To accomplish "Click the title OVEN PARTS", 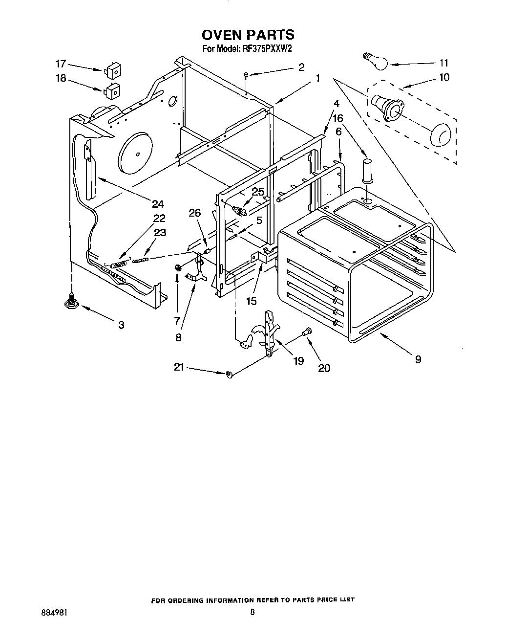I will click(248, 35).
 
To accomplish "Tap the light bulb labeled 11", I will click(375, 61).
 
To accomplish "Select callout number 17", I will click(61, 64).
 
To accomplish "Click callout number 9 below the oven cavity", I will click(418, 359).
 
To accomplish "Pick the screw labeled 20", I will click(306, 332).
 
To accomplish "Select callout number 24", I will click(157, 204).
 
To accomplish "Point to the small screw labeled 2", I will click(247, 75).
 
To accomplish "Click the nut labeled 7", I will click(178, 267).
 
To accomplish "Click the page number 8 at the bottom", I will click(252, 612).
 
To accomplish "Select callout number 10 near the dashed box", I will click(444, 77).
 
